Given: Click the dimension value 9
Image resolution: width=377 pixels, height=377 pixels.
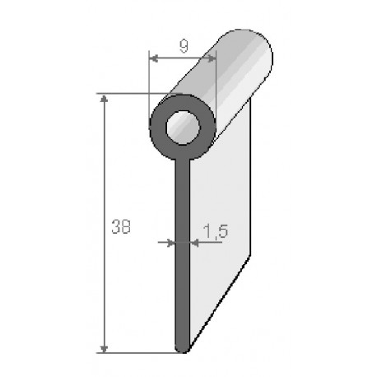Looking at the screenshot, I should click(x=182, y=47).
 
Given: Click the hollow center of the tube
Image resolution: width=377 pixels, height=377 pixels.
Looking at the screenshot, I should click(x=182, y=128).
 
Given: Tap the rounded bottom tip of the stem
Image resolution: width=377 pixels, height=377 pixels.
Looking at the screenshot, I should click(x=182, y=348).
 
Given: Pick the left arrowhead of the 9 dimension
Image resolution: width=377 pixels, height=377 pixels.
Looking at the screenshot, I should click(x=151, y=58).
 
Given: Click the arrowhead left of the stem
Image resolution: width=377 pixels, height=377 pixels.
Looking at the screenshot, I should click(x=171, y=243).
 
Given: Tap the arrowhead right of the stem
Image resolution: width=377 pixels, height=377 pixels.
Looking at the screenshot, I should click(x=193, y=243).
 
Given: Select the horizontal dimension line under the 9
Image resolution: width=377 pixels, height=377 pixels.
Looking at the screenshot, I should click(x=182, y=58).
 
